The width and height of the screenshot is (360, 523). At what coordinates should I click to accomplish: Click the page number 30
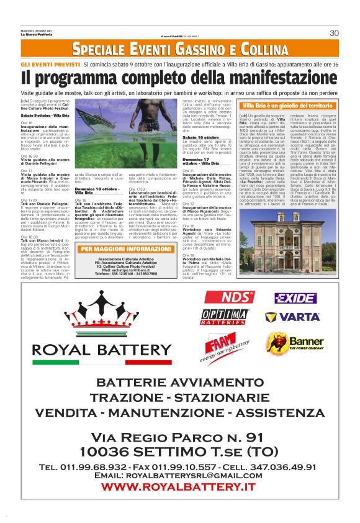tap(333, 33)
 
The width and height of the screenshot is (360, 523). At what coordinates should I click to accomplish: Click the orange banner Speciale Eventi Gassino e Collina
tap(179, 48)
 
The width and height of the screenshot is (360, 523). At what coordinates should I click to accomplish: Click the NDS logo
tap(220, 297)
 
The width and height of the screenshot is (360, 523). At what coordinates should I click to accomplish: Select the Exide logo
tap(295, 298)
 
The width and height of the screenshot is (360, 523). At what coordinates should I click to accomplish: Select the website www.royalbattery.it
tap(179, 487)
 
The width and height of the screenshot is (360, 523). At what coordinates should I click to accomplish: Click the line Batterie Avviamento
tap(179, 381)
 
